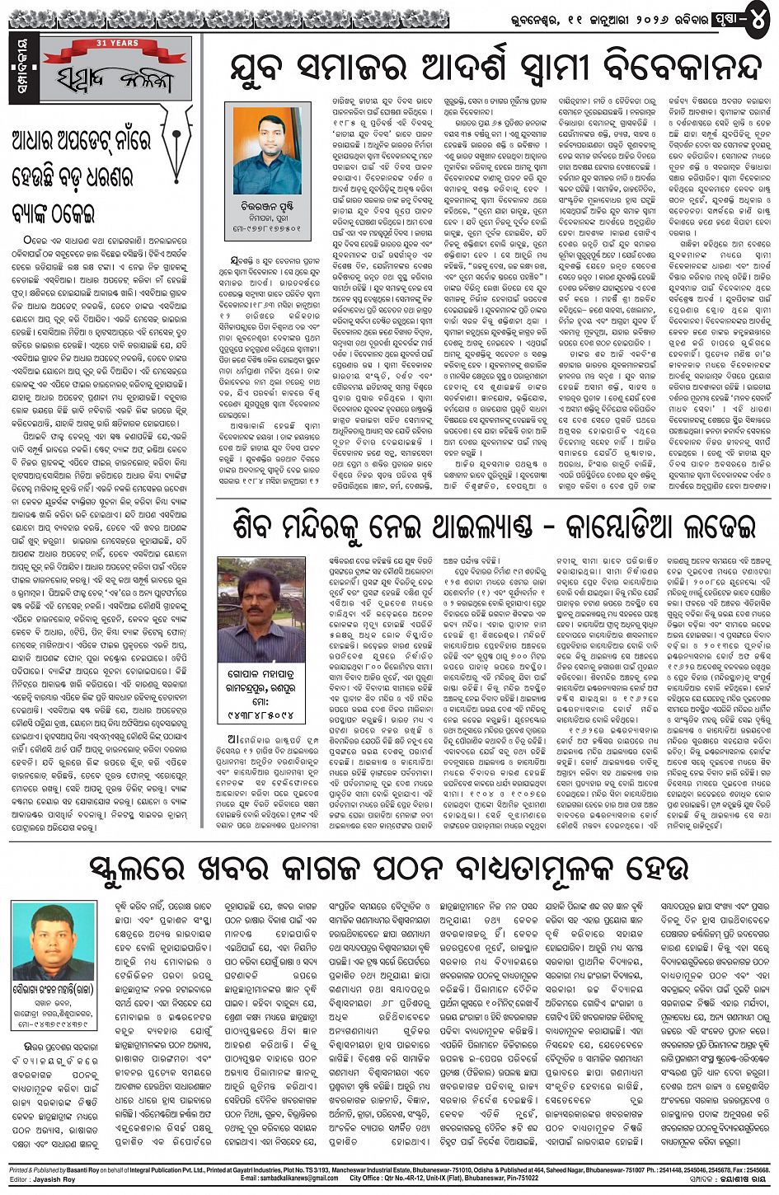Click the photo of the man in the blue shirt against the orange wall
[x=267, y=150]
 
